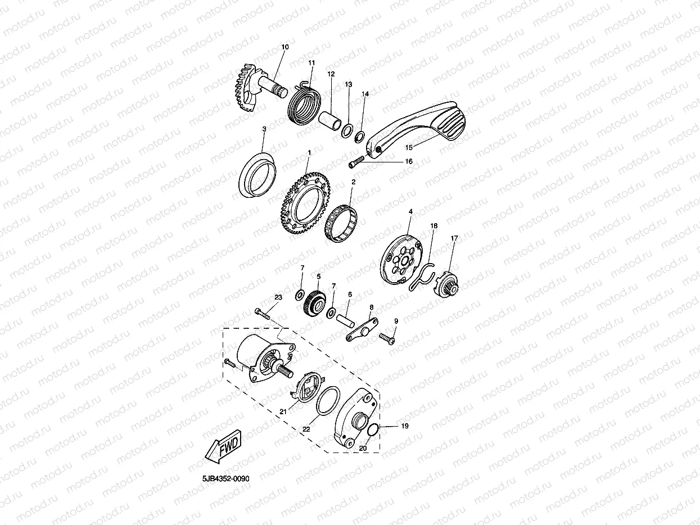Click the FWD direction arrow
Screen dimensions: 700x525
pyautogui.click(x=223, y=446)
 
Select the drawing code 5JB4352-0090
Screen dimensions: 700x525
pyautogui.click(x=226, y=478)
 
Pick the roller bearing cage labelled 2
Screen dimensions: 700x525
pyautogui.click(x=341, y=223)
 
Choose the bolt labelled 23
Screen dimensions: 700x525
pyautogui.click(x=262, y=313)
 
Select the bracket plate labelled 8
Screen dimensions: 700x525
pyautogui.click(x=362, y=330)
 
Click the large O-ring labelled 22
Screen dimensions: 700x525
pyautogui.click(x=328, y=401)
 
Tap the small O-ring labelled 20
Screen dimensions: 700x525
pyautogui.click(x=372, y=429)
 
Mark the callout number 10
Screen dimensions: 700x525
pyautogui.click(x=285, y=47)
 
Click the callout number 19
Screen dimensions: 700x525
pyautogui.click(x=405, y=426)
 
